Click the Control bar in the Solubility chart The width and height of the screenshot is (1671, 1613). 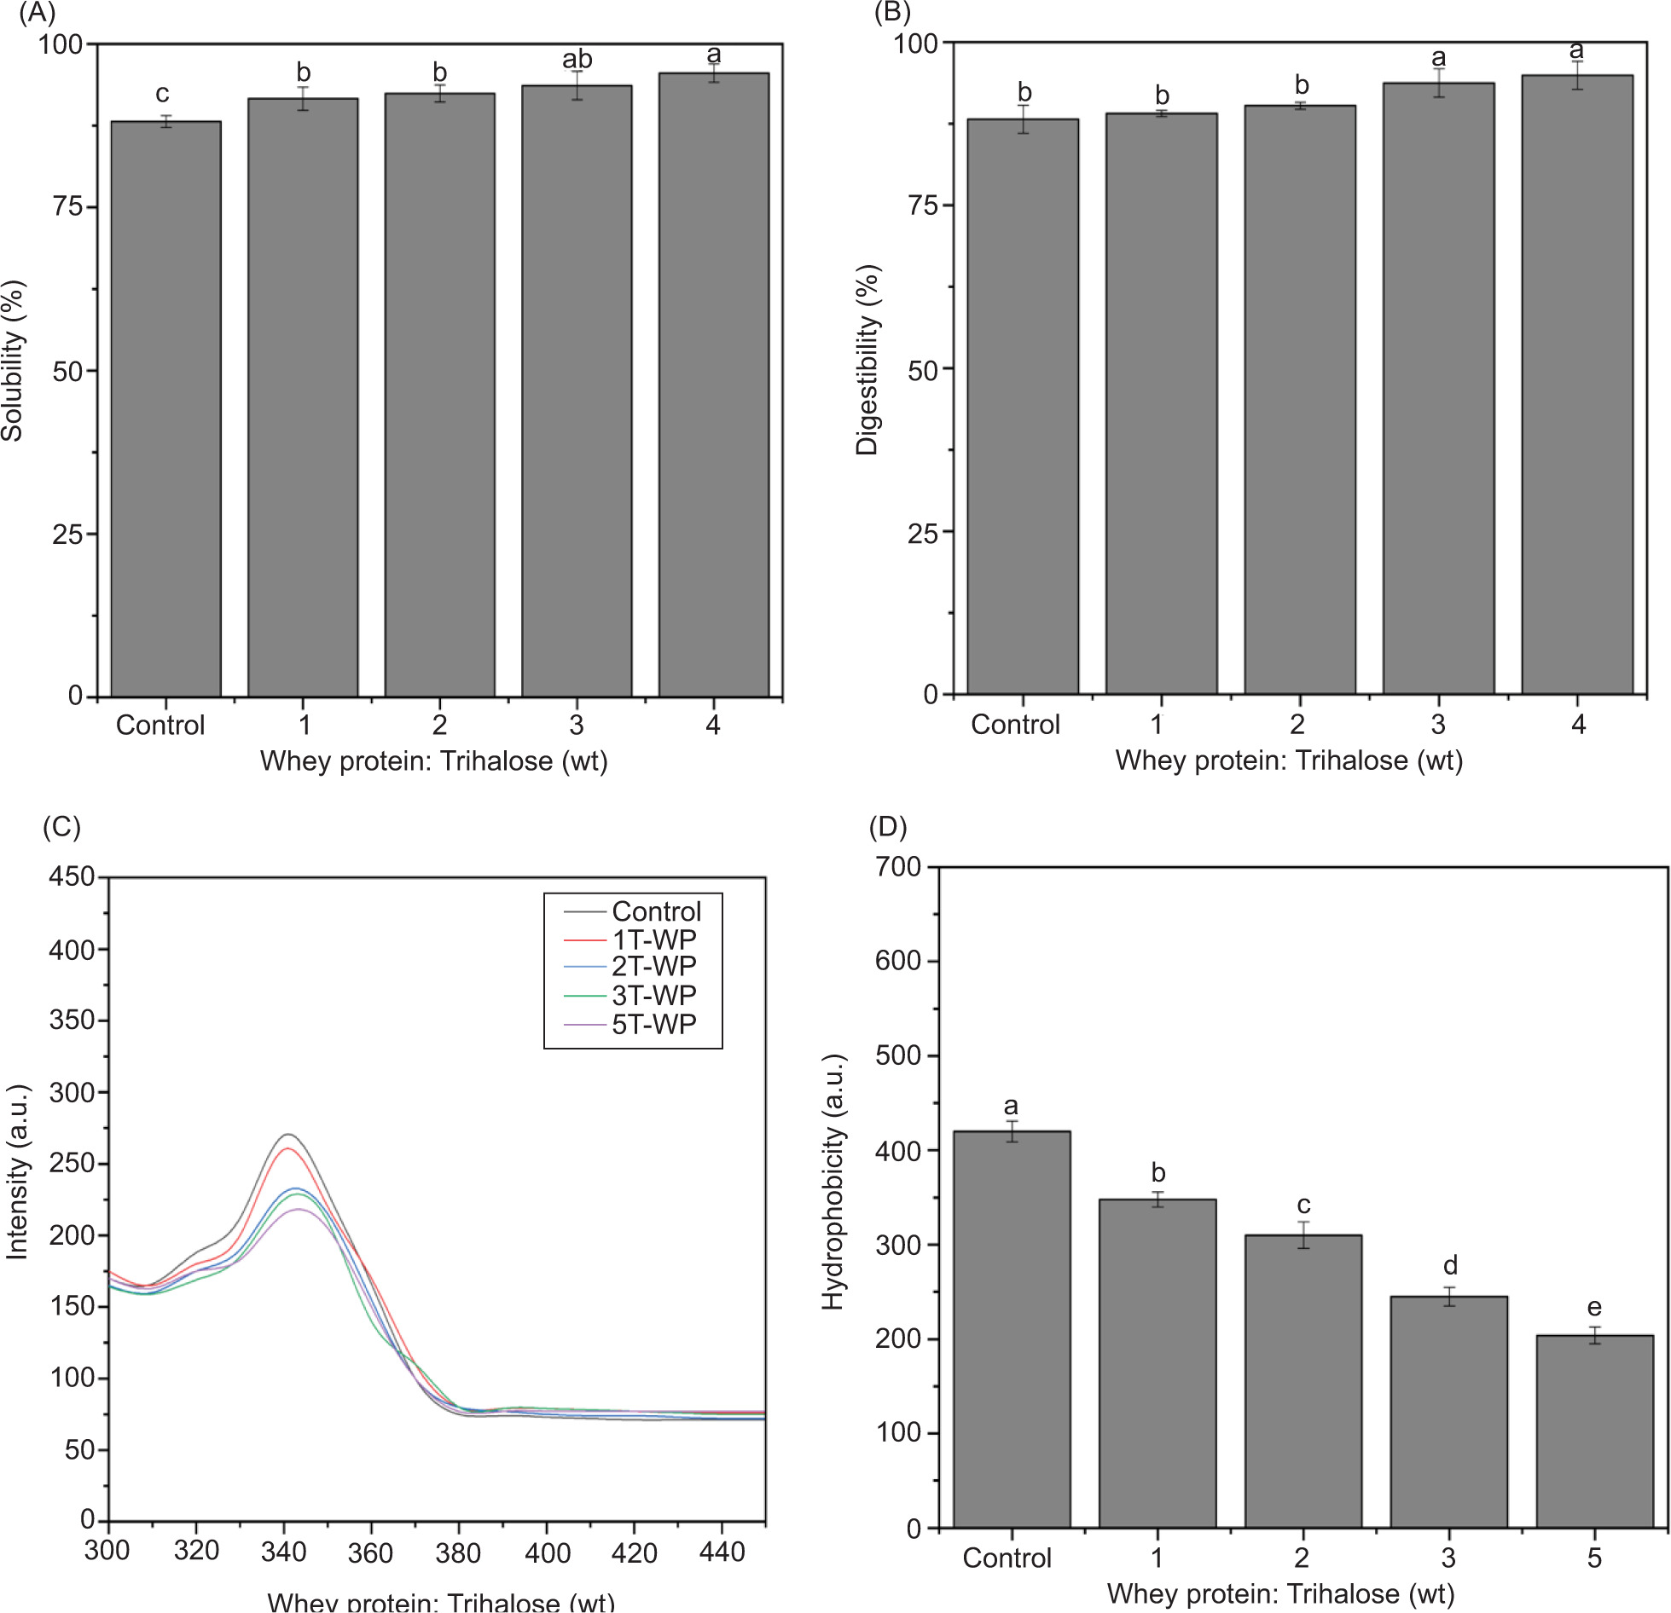(x=165, y=409)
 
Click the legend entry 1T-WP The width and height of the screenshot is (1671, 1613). (x=653, y=939)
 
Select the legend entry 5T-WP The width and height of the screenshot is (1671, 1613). (x=653, y=1024)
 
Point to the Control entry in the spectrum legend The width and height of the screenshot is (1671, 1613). (x=656, y=911)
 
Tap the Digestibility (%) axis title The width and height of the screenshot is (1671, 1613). (x=867, y=360)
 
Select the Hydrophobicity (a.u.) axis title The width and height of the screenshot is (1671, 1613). (x=833, y=1182)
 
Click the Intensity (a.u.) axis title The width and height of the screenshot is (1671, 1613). (x=17, y=1172)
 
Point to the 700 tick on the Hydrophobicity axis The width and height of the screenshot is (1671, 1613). (x=898, y=866)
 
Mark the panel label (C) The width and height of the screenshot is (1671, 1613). (x=61, y=827)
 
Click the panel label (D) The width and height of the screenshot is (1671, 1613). (x=887, y=827)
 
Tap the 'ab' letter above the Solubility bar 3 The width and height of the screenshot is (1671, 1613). (x=577, y=60)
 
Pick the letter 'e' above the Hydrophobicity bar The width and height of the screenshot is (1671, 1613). (x=1593, y=1307)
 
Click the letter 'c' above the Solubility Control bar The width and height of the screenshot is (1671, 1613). (x=162, y=93)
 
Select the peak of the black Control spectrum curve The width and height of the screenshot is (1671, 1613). (x=289, y=1135)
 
